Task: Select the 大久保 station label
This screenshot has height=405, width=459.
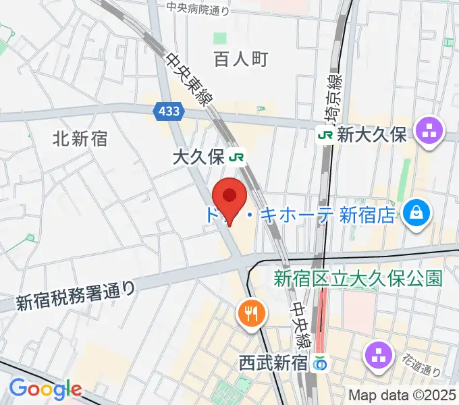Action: click(x=198, y=158)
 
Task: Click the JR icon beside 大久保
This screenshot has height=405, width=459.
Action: click(x=236, y=158)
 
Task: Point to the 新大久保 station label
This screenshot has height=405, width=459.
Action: click(x=373, y=135)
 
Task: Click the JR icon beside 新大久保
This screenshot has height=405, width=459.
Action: click(x=326, y=135)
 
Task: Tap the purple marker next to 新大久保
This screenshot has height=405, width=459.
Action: click(x=429, y=131)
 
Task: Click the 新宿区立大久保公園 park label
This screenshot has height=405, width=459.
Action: click(x=358, y=277)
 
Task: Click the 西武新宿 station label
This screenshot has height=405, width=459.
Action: click(x=273, y=363)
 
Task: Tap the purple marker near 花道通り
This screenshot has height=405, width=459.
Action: click(x=379, y=356)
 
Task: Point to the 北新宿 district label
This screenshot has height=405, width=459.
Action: click(x=80, y=139)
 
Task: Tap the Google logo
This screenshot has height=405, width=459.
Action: click(x=45, y=389)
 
